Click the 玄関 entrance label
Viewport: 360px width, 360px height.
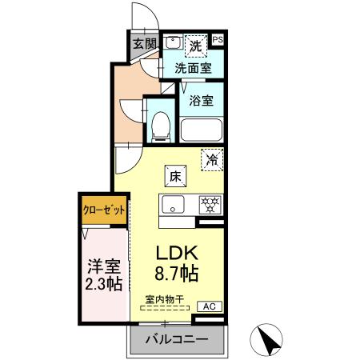pos(144,45)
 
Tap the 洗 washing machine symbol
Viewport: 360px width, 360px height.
pos(195,45)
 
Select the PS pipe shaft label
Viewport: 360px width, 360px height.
pos(218,38)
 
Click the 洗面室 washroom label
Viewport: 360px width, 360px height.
pos(194,69)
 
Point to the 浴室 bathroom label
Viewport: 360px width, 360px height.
pos(202,101)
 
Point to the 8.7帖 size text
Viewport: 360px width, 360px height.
pos(178,273)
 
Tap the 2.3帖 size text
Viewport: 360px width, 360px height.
pos(103,284)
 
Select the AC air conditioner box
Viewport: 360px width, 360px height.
pos(207,306)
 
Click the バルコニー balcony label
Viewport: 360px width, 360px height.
pos(176,340)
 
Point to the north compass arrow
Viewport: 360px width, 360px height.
pos(270,340)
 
